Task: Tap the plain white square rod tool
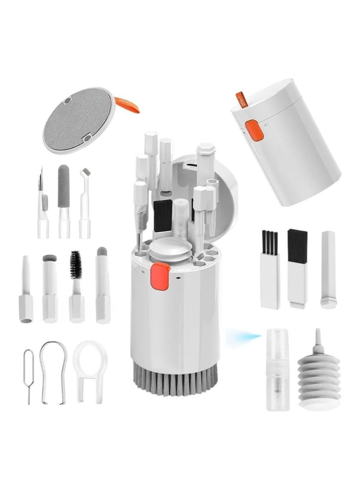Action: point(328,268)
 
